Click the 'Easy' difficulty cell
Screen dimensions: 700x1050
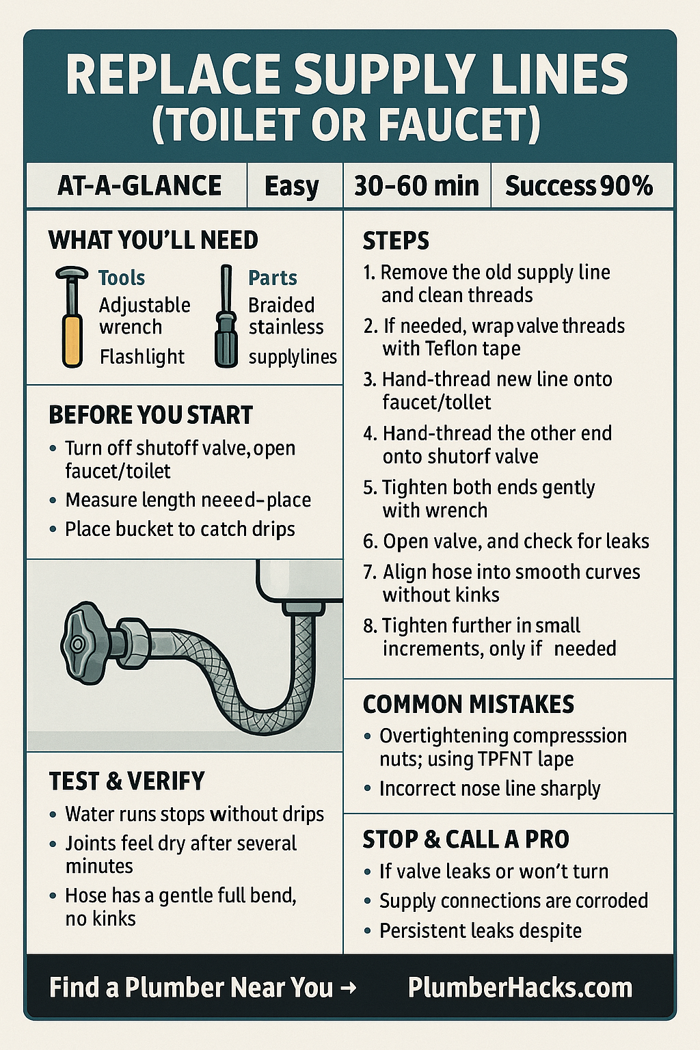tap(295, 186)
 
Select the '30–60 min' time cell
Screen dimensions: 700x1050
tap(417, 186)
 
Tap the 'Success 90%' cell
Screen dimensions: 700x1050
tap(581, 186)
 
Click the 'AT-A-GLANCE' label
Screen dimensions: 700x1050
tap(139, 186)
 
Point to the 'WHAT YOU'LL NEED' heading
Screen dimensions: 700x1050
tap(153, 240)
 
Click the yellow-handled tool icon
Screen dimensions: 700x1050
tap(72, 317)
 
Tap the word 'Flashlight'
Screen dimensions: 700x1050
tap(142, 358)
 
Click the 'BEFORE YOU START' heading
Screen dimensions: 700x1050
tap(150, 416)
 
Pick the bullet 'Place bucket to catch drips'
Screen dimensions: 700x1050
tap(180, 529)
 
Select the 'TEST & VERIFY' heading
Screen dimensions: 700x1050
tap(126, 781)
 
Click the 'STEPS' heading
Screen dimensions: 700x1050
tap(396, 241)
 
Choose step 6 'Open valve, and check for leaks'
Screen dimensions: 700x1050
tap(507, 541)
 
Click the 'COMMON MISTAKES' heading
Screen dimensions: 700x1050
tap(468, 705)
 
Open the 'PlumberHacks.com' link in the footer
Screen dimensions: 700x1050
tap(520, 988)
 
